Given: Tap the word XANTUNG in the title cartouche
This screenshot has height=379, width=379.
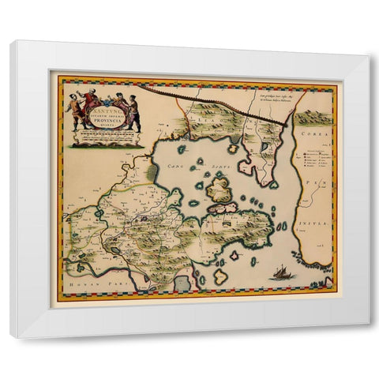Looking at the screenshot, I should (x=104, y=95).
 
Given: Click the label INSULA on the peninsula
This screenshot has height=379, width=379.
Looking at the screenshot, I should (x=314, y=225).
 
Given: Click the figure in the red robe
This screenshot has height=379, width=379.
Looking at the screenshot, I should (x=90, y=103).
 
